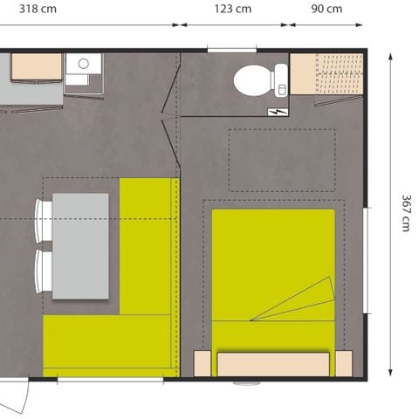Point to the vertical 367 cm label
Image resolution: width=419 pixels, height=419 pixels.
pyautogui.click(x=404, y=212)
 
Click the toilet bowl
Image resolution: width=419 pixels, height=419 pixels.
pyautogui.click(x=252, y=80)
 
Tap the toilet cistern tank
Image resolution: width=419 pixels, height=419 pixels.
pyautogui.click(x=280, y=79)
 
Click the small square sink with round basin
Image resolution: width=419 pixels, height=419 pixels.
pyautogui.click(x=84, y=65)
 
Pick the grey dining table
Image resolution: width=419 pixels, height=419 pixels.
pyautogui.click(x=80, y=245)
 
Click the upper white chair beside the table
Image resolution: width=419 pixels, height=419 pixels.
pyautogui.click(x=42, y=219)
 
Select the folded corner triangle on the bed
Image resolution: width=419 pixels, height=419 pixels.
pyautogui.click(x=301, y=301)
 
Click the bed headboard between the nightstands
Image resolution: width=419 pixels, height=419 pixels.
pyautogui.click(x=274, y=364)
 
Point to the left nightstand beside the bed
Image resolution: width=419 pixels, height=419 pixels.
pyautogui.click(x=203, y=363)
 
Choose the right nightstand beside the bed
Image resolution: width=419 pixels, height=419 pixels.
pyautogui.click(x=344, y=363)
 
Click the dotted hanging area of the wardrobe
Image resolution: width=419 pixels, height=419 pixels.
pyautogui.click(x=339, y=74)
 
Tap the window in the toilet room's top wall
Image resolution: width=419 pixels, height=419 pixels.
pyautogui.click(x=231, y=50)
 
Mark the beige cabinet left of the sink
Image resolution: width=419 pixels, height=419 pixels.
pyautogui.click(x=36, y=66)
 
